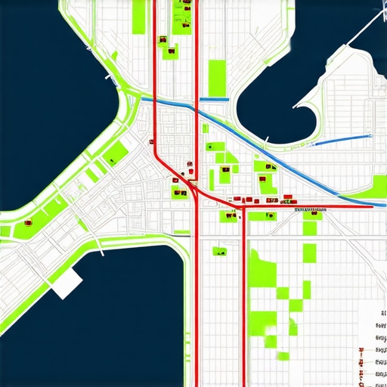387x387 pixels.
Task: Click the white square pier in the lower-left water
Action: [67, 283]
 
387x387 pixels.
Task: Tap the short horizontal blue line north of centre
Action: [215, 99]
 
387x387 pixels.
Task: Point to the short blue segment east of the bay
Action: [342, 138]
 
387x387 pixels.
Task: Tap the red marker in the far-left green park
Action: [29, 223]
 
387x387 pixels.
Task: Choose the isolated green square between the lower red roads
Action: [221, 251]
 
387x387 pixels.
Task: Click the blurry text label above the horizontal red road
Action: [309, 208]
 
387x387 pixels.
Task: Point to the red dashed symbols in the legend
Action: [361, 352]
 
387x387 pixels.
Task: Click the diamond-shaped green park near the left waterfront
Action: [116, 154]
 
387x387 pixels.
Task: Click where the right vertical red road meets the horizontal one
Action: [244, 204]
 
